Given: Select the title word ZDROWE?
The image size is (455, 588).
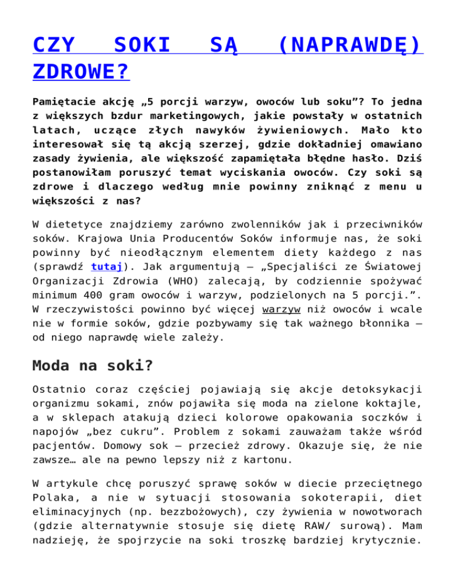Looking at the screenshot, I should [81, 72].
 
